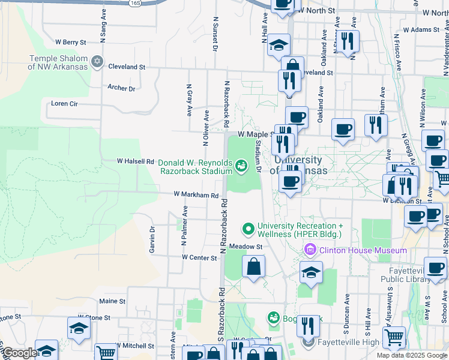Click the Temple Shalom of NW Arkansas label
click(58, 62)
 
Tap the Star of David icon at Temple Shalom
click(97, 62)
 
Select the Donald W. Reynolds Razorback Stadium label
click(194, 166)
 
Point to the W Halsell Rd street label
click(136, 161)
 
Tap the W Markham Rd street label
click(196, 195)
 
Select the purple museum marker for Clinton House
click(311, 249)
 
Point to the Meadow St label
click(246, 247)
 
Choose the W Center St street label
click(199, 257)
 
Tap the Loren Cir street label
click(64, 103)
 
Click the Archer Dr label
click(121, 88)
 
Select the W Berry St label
click(71, 42)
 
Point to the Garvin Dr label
click(152, 239)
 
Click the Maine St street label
click(112, 301)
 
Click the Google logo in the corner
click(19, 353)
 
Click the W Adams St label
click(421, 29)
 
